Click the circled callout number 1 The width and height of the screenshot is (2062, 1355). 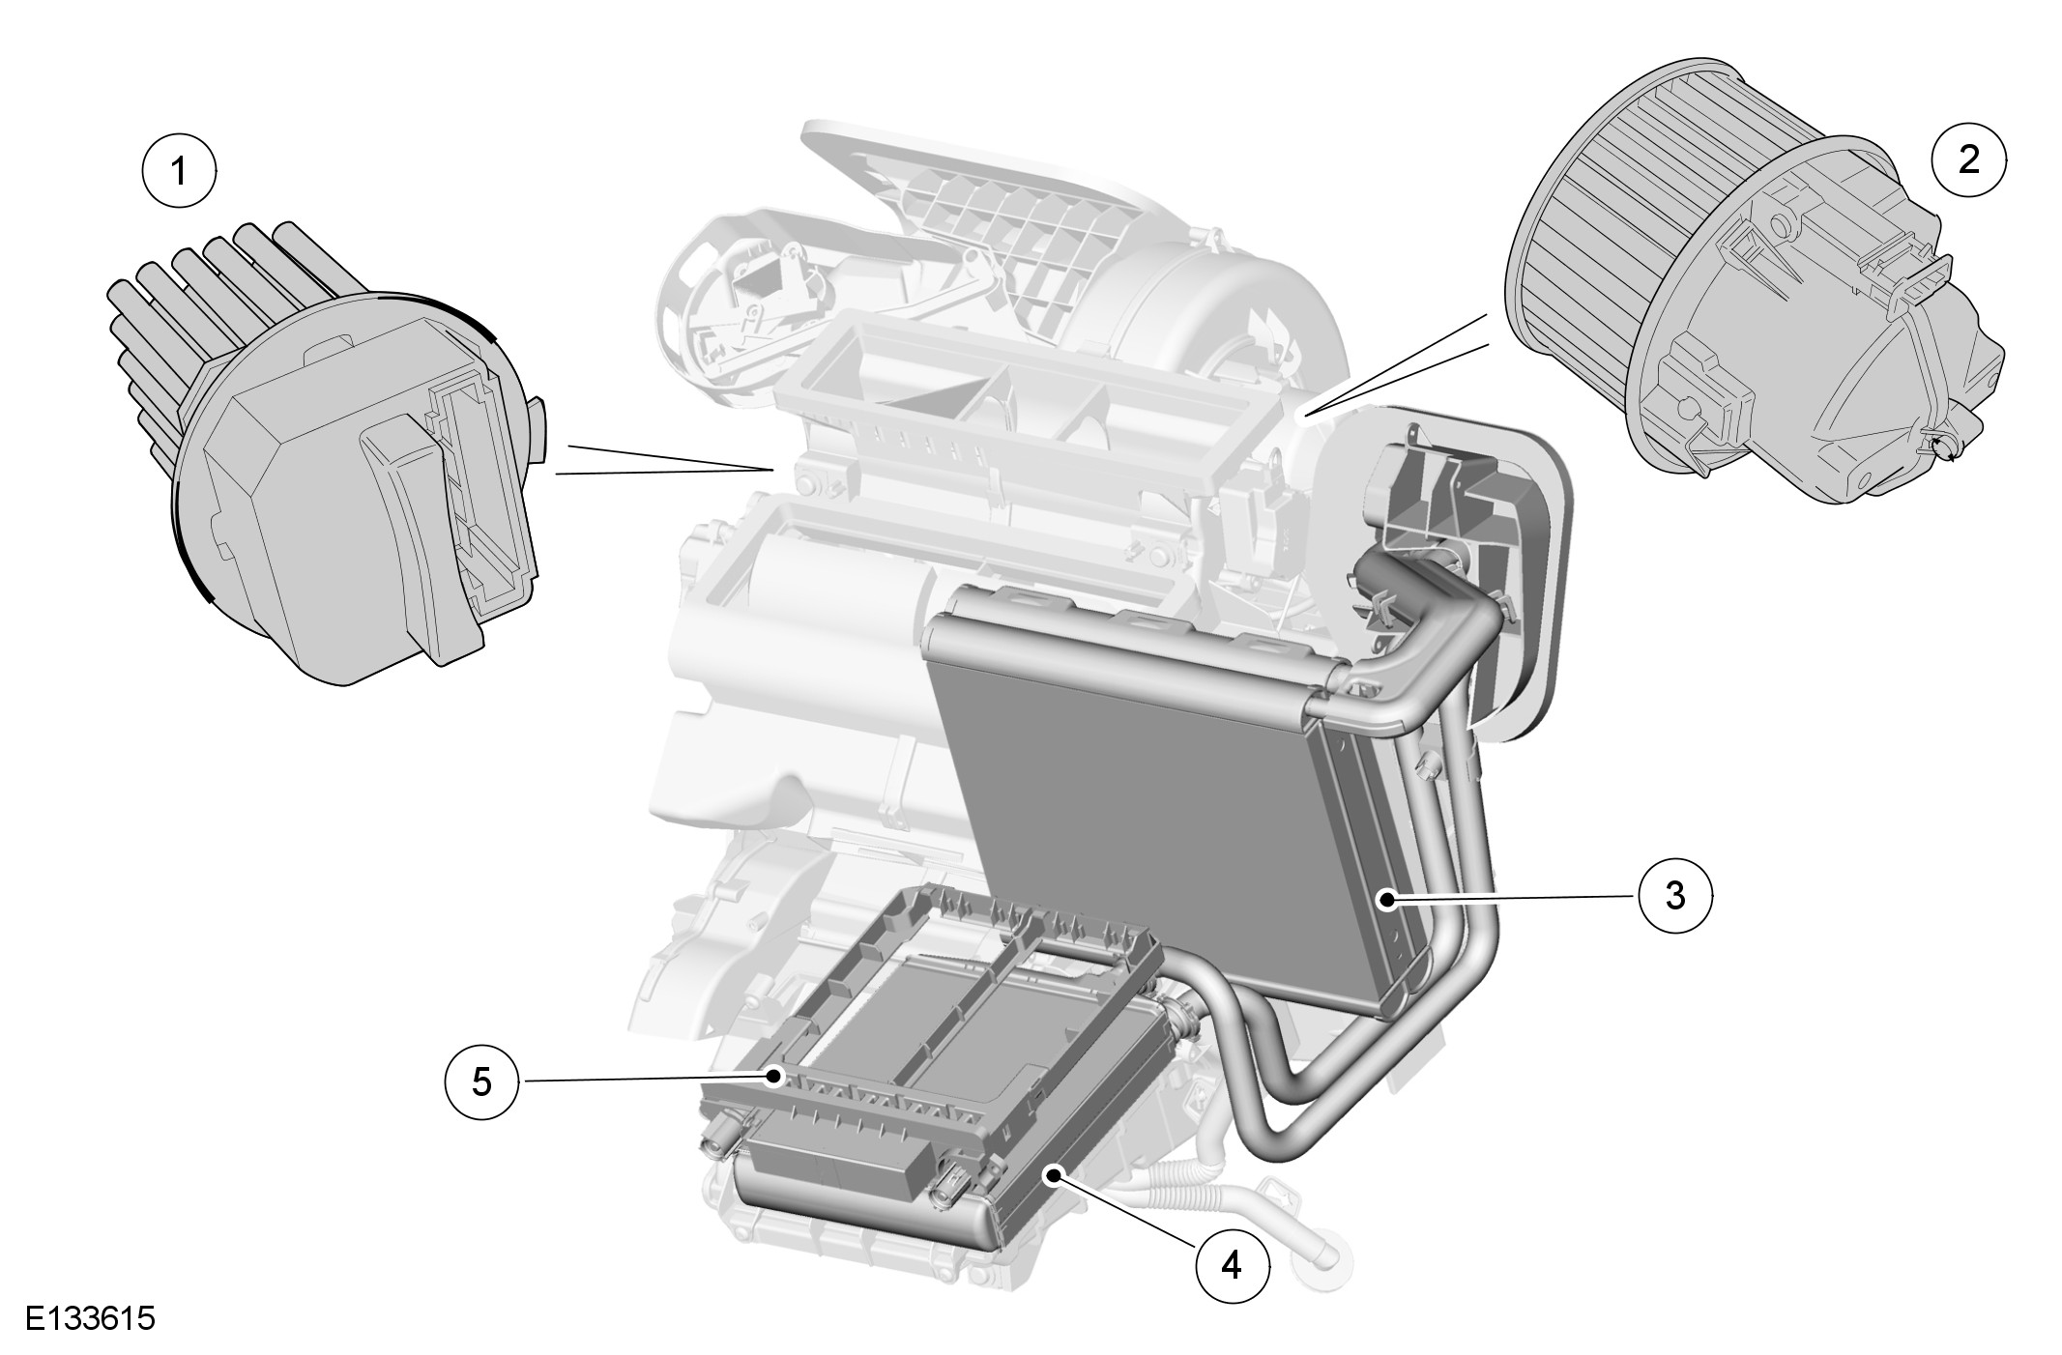pos(179,170)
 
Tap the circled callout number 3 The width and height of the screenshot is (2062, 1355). pos(1675,896)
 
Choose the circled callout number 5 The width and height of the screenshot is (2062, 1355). pos(481,1081)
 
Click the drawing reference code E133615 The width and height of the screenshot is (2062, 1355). pos(90,1319)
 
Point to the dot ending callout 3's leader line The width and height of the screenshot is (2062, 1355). pos(1387,901)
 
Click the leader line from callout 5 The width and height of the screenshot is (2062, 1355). pos(638,1079)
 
